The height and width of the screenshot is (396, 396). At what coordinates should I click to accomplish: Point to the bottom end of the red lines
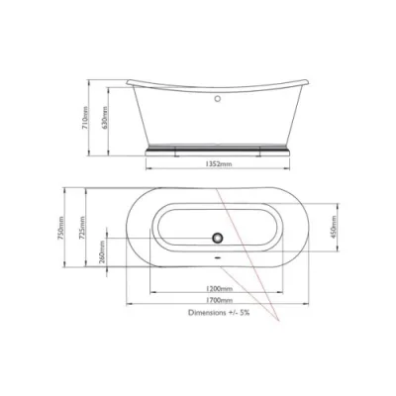click(283, 323)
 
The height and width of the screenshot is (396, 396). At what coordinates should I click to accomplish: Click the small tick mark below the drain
click(215, 249)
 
